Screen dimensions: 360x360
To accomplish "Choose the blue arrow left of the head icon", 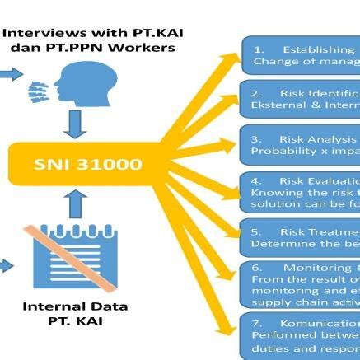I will point(11,75).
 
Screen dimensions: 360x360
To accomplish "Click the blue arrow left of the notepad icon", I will point(6,265).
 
